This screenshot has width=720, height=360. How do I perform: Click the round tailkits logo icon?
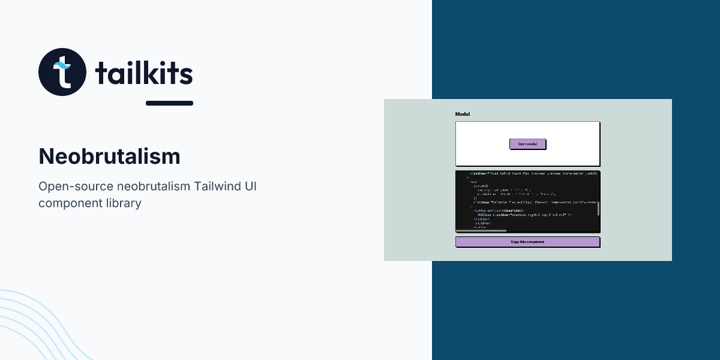62,72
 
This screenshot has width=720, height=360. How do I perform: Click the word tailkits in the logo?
144,73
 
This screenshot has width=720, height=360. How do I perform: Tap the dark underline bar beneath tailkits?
169,103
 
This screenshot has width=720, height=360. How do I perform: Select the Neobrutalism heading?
109,157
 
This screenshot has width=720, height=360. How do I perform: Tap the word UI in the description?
251,186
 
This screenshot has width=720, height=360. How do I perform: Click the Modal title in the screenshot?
463,114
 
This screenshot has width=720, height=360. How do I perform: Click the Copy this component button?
527,242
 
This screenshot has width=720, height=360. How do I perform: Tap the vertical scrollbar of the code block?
598,208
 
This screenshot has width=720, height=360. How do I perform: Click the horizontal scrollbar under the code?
481,230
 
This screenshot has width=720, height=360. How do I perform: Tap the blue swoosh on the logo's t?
60,64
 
